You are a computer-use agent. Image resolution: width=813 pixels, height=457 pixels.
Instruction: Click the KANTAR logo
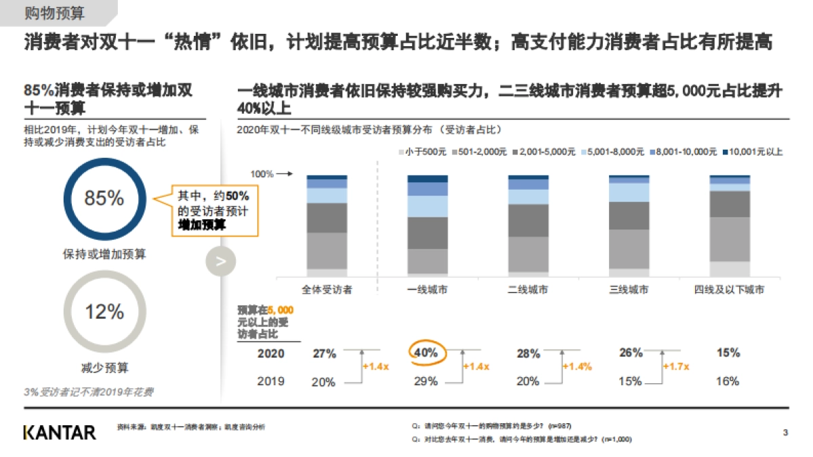[x=60, y=432]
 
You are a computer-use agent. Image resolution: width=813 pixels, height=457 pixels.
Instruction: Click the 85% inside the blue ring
[x=104, y=198]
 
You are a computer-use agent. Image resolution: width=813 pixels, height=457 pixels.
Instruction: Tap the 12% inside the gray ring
[x=104, y=312]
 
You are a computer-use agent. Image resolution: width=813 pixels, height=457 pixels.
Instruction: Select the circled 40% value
[x=425, y=353]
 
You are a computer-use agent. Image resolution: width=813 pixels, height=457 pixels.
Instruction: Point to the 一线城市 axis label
[x=427, y=290]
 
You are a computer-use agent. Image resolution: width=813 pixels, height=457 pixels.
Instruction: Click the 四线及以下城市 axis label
[x=729, y=290]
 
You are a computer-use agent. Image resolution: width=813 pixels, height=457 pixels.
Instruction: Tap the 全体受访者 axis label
[x=327, y=290]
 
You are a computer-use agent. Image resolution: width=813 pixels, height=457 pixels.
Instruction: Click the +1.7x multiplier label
[x=677, y=366]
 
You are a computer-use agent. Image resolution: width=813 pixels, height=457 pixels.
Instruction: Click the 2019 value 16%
[x=727, y=381]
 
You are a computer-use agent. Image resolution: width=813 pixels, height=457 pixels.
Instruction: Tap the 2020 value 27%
[x=324, y=353]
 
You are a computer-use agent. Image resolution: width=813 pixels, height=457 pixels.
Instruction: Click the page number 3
[x=785, y=433]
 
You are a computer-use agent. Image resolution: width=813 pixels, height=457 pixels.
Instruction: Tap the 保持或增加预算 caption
[x=104, y=255]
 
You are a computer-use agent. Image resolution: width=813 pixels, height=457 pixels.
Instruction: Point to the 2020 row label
[x=271, y=353]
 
